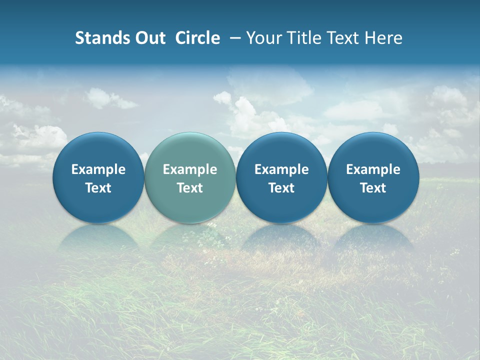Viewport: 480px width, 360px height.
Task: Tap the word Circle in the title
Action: click(197, 38)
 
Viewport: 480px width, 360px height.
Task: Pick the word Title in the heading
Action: click(302, 38)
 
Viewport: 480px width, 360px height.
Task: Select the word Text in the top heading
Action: click(342, 38)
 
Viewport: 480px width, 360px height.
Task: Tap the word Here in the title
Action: click(383, 38)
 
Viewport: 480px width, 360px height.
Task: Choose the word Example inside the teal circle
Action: click(190, 169)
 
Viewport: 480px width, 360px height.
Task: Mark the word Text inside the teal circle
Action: click(190, 188)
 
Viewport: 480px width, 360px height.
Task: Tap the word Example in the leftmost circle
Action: click(98, 169)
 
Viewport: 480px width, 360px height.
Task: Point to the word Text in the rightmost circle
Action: click(373, 188)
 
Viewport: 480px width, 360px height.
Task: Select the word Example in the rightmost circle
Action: click(373, 169)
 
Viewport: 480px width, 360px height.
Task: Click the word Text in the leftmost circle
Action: click(98, 188)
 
